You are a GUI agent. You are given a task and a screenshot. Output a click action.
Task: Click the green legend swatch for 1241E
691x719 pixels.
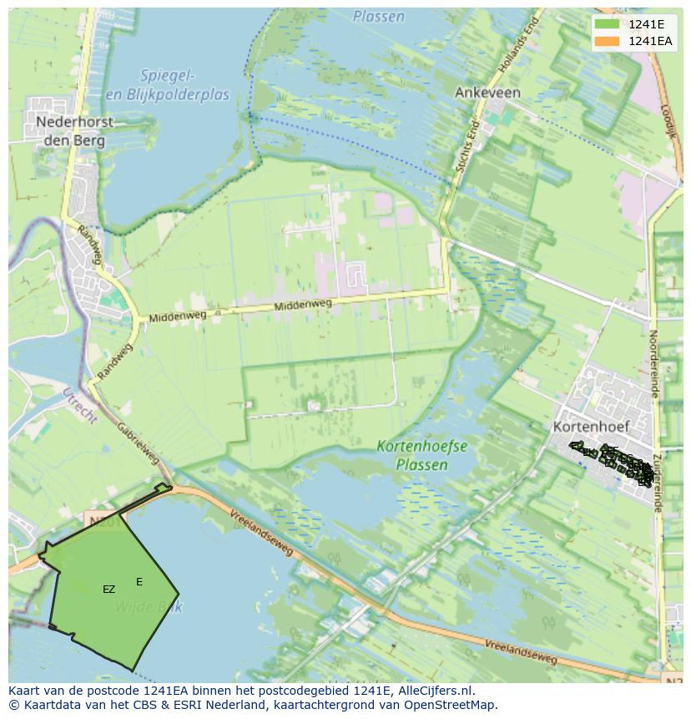point(607,24)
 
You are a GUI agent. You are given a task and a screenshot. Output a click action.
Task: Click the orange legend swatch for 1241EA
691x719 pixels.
point(607,41)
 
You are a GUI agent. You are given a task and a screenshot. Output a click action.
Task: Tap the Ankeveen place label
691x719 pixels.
point(487,93)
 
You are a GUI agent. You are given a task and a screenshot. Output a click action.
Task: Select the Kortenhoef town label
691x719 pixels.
point(591,426)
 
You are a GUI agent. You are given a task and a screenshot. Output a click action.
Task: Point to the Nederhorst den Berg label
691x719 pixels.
point(74,131)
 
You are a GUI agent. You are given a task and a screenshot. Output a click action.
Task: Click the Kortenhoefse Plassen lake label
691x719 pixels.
point(421,456)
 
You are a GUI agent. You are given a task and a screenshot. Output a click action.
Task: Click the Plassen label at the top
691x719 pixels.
point(378,17)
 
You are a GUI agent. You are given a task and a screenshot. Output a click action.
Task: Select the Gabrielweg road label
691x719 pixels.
point(138,442)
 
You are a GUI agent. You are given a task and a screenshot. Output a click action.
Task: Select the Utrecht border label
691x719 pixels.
point(79,406)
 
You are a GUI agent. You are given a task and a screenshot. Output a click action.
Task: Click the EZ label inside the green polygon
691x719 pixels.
point(108,590)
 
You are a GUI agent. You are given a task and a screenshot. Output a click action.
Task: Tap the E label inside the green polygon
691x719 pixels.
point(139,582)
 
